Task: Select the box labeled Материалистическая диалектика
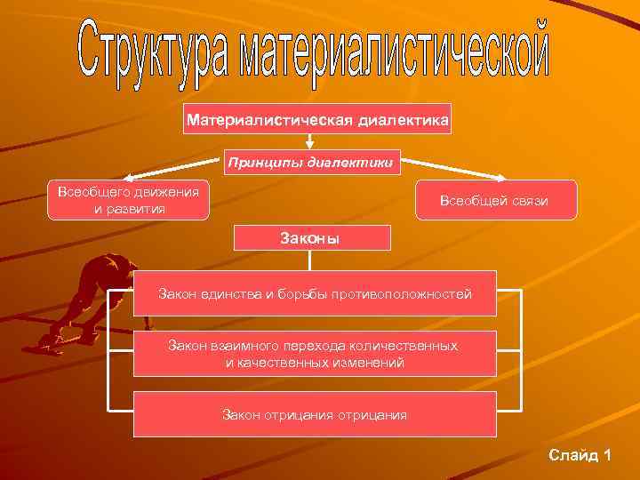point(317,118)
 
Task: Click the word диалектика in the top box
point(404,118)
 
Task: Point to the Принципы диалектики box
point(309,163)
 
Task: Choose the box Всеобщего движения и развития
point(128,200)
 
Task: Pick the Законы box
point(311,237)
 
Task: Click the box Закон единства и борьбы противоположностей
point(315,293)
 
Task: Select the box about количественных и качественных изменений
point(315,354)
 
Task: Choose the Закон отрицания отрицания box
point(315,414)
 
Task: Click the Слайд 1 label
point(580,455)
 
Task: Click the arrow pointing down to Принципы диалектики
point(309,141)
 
